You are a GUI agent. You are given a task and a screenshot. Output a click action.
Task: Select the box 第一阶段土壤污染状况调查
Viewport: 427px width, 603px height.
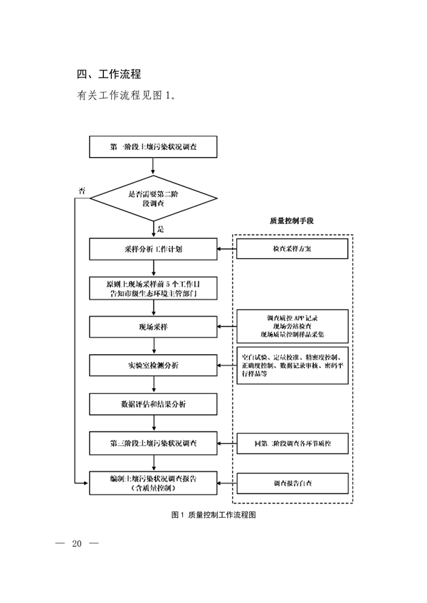click(x=154, y=148)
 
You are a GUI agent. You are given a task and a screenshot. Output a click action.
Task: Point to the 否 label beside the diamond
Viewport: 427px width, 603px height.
click(x=82, y=191)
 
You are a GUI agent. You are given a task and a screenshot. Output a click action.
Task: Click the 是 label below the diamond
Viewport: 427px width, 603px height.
click(x=160, y=229)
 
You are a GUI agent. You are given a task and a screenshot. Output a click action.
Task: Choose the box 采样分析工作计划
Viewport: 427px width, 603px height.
click(x=154, y=250)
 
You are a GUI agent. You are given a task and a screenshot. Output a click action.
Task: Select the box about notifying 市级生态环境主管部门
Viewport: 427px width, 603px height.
click(x=154, y=287)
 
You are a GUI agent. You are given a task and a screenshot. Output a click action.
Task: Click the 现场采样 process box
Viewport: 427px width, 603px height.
click(x=154, y=326)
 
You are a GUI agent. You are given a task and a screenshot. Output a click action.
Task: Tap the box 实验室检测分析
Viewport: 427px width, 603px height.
click(x=154, y=365)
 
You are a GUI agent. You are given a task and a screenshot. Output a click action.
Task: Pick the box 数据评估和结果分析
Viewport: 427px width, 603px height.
click(x=154, y=404)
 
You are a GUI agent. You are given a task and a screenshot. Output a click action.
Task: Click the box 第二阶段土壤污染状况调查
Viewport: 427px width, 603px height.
click(x=154, y=443)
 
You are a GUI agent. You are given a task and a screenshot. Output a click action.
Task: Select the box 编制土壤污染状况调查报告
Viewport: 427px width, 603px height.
click(x=154, y=483)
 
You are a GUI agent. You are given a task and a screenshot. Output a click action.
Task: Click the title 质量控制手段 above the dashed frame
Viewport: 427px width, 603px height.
click(x=292, y=221)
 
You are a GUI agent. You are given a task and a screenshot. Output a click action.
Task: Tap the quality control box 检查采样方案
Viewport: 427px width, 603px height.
click(x=292, y=250)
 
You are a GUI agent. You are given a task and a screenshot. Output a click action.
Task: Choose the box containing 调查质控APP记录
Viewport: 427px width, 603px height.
click(x=292, y=326)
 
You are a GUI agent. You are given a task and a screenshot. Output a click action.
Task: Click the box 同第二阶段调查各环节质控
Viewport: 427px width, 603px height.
click(x=292, y=443)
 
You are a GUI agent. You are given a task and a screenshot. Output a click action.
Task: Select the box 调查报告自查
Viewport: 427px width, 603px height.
click(x=292, y=483)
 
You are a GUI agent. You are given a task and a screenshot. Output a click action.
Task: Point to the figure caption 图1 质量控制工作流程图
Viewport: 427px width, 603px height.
click(x=213, y=515)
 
